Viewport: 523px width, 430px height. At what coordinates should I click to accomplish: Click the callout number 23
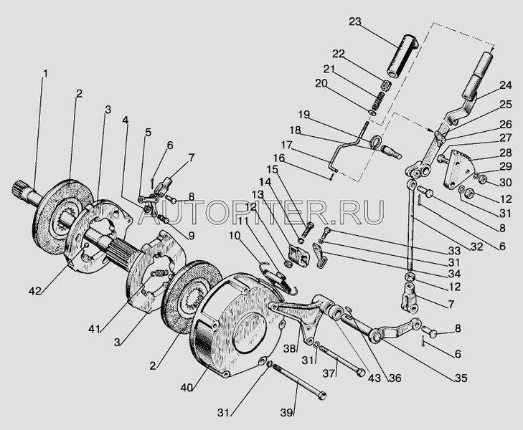(x=355, y=22)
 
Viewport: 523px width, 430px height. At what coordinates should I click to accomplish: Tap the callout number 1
(x=45, y=73)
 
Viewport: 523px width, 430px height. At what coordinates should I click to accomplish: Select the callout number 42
(x=34, y=291)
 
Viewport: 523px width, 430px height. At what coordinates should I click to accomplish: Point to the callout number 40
(x=187, y=388)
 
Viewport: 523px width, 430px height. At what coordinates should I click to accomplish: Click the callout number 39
(x=286, y=412)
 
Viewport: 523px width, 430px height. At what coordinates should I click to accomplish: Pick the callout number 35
(x=461, y=378)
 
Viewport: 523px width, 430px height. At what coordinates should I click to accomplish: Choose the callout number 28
(x=506, y=153)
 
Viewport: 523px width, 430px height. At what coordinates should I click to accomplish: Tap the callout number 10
(x=235, y=236)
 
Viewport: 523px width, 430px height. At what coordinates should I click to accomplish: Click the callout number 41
(x=95, y=329)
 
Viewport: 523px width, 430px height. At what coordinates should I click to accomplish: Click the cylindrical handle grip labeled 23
(x=402, y=57)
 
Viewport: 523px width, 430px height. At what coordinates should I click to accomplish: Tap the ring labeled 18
(x=375, y=141)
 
